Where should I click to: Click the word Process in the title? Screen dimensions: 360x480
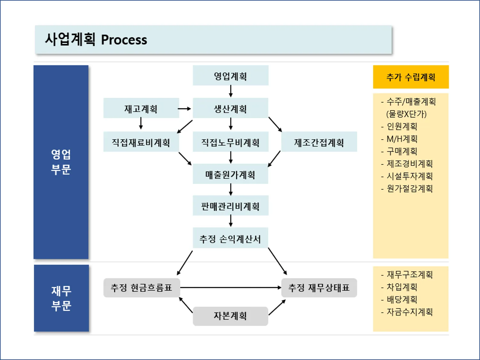pos(124,40)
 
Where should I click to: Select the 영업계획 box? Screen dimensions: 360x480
pos(230,76)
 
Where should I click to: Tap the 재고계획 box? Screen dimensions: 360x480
pos(141,108)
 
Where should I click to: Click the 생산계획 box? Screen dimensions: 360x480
pos(230,108)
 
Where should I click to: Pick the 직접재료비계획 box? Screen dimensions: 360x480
pos(141,142)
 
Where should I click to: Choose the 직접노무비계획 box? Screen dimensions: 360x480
pos(230,142)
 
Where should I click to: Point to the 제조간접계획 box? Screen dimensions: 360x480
pos(319,142)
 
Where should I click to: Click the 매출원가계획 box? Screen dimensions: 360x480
pos(230,174)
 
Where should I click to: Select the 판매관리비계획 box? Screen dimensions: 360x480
pos(230,206)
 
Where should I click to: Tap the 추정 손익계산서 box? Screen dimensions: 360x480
pos(230,238)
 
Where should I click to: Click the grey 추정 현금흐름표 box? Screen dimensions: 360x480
pos(142,288)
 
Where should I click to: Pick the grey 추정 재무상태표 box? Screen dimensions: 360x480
pos(319,288)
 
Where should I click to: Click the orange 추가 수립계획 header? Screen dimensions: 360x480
pos(411,77)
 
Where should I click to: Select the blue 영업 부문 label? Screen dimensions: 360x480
pos(61,162)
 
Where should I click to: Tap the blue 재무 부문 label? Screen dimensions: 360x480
pos(61,298)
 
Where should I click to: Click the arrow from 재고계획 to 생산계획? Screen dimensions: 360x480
pos(184,109)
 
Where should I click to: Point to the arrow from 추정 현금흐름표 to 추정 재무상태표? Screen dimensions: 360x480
pos(230,287)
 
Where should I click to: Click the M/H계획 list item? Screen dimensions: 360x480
pos(402,139)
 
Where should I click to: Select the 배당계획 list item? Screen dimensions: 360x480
pos(402,300)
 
